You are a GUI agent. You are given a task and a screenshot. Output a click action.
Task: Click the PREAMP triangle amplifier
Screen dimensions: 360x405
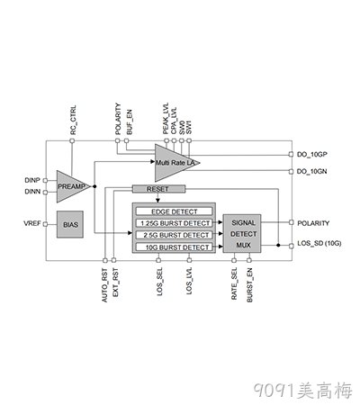point(71,186)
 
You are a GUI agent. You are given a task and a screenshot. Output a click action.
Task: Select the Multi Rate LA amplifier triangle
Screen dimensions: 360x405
point(174,163)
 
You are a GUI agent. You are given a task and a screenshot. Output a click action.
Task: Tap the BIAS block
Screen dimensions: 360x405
point(70,224)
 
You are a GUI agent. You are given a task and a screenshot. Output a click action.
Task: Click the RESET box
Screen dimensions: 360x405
point(158,189)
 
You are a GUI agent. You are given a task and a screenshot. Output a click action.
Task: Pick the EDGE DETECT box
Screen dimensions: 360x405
point(175,211)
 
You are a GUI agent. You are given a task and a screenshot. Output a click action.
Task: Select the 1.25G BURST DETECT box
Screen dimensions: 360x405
point(175,223)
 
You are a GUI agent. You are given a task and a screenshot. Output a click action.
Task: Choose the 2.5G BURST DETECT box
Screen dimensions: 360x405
point(175,235)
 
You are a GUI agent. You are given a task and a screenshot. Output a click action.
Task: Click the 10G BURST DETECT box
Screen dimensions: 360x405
point(175,247)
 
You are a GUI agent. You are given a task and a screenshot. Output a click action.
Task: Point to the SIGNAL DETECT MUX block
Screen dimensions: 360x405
point(242,233)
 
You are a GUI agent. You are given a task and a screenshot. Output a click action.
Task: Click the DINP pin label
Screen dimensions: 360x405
point(32,180)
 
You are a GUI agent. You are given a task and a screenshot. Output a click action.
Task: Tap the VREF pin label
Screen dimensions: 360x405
point(32,223)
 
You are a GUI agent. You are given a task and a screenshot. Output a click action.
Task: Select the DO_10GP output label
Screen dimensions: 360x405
point(312,154)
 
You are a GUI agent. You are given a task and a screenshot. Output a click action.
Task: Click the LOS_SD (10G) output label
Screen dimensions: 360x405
point(319,243)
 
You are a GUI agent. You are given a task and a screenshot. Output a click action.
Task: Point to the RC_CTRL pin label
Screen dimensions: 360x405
point(73,120)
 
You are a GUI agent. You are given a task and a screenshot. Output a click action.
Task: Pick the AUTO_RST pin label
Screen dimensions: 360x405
point(104,285)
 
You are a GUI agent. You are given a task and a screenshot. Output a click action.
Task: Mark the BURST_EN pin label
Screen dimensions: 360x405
point(249,284)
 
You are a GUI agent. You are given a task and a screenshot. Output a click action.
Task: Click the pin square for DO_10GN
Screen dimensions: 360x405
point(291,171)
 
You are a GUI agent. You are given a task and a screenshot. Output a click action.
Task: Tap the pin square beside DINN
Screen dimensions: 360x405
point(45,193)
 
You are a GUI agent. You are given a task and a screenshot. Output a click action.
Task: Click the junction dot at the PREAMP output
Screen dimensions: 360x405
point(94,186)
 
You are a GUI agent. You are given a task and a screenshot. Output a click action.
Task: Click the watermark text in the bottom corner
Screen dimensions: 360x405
point(303,391)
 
